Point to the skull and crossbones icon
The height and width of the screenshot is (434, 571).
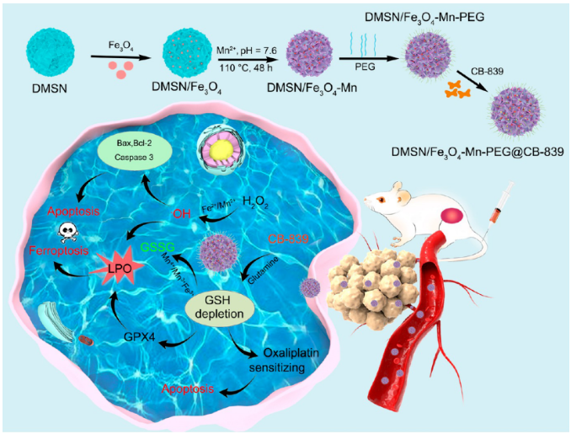coord(64,232)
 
